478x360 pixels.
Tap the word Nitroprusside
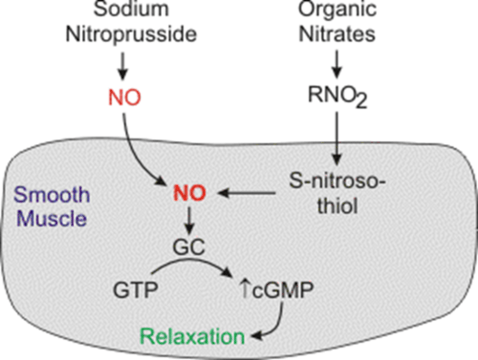tap(131, 34)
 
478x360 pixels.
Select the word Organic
tap(337, 9)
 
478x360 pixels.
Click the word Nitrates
tap(337, 34)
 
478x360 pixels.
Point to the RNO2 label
tap(337, 96)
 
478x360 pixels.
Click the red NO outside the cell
tap(125, 98)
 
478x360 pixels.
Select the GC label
tap(189, 247)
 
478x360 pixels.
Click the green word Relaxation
tap(192, 337)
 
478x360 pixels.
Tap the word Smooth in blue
tap(52, 195)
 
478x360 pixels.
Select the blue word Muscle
tap(52, 219)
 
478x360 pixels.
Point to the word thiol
tap(337, 206)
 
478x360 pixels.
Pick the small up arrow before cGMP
tap(245, 289)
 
